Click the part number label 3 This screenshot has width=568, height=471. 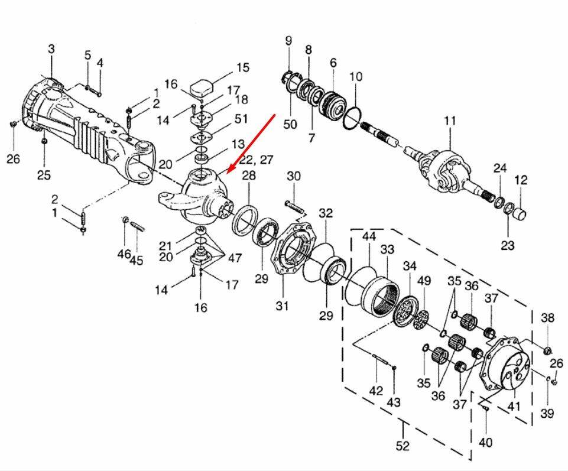(x=51, y=49)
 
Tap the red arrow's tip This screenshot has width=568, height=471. (x=229, y=172)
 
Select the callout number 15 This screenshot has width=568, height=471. (x=243, y=68)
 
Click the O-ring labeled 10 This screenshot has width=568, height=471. (x=350, y=116)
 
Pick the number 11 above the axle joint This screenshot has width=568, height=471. (x=450, y=121)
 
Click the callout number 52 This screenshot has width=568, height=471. (x=403, y=446)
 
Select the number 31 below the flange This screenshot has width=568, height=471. (x=282, y=306)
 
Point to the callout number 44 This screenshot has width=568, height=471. (x=369, y=236)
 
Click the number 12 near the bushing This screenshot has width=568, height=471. (x=521, y=180)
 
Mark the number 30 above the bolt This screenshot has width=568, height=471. (x=294, y=176)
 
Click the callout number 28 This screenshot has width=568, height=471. (x=249, y=176)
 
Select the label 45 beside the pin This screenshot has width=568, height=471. (x=137, y=261)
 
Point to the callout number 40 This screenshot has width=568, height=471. (x=485, y=442)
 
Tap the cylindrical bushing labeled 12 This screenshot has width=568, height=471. (x=519, y=212)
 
